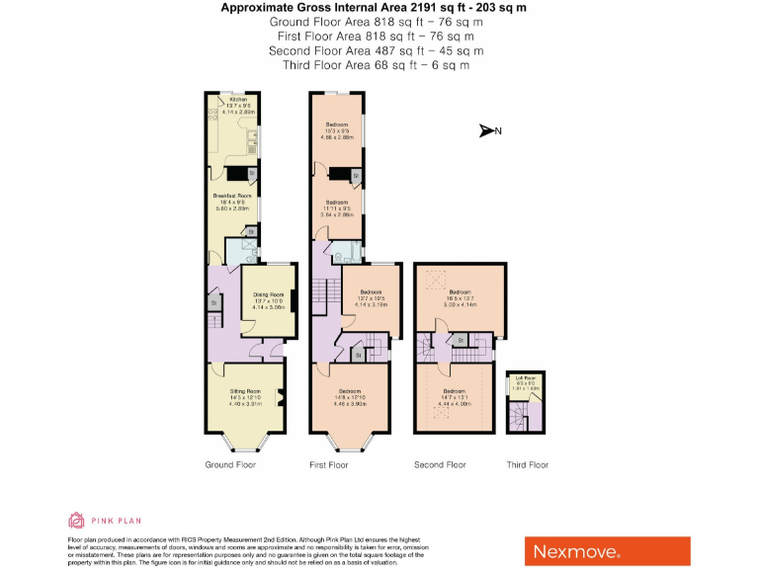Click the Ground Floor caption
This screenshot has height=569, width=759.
(230, 464)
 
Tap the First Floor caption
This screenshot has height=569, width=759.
(329, 464)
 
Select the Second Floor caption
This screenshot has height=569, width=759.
(440, 464)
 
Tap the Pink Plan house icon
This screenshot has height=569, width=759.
(76, 520)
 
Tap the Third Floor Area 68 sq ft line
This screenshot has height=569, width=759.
(376, 64)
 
